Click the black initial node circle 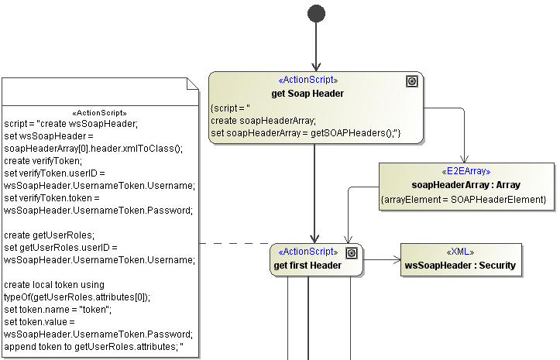pos(316,13)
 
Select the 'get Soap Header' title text pos(307,94)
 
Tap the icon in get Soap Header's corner pos(412,81)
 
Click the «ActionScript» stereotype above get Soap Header pos(307,81)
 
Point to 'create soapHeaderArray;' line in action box pos(263,120)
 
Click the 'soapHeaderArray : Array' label pos(466,185)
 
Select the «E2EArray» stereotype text pos(466,172)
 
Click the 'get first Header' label pos(307,266)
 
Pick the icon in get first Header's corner pos(352,253)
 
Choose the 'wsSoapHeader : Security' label pos(460,266)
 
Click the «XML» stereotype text pos(460,252)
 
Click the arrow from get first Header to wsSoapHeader pos(381,260)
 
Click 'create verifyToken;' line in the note pos(43,160)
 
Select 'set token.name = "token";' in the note pos(58,309)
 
